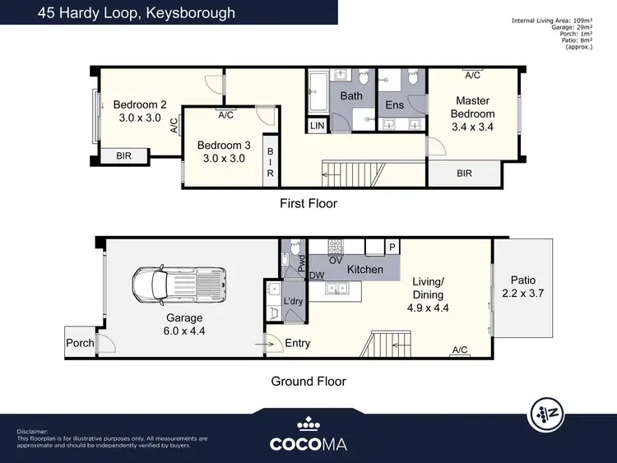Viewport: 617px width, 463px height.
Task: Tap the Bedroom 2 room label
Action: click(x=140, y=104)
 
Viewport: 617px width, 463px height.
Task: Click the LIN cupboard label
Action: click(x=318, y=126)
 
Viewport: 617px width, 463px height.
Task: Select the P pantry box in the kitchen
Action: click(x=392, y=247)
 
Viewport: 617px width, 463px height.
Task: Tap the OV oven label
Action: click(x=336, y=260)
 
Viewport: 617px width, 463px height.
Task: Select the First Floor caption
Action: click(x=308, y=203)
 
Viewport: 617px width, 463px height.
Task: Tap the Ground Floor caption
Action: click(x=308, y=381)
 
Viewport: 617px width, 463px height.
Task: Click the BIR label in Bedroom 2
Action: click(x=124, y=155)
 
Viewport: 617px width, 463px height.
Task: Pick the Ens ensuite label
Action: click(x=395, y=105)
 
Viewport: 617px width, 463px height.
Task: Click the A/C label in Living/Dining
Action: click(x=460, y=350)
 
